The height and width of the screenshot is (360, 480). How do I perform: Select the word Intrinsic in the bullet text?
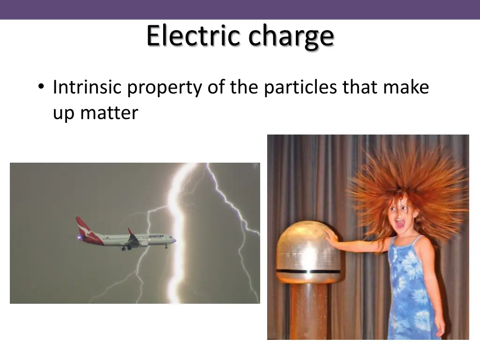pos(87,87)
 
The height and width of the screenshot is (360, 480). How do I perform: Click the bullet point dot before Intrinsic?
pos(42,87)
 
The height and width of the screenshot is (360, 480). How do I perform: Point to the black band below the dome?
pos(309,271)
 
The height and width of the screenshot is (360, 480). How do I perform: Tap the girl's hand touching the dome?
pos(332,239)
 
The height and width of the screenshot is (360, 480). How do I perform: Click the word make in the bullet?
pos(411,87)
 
